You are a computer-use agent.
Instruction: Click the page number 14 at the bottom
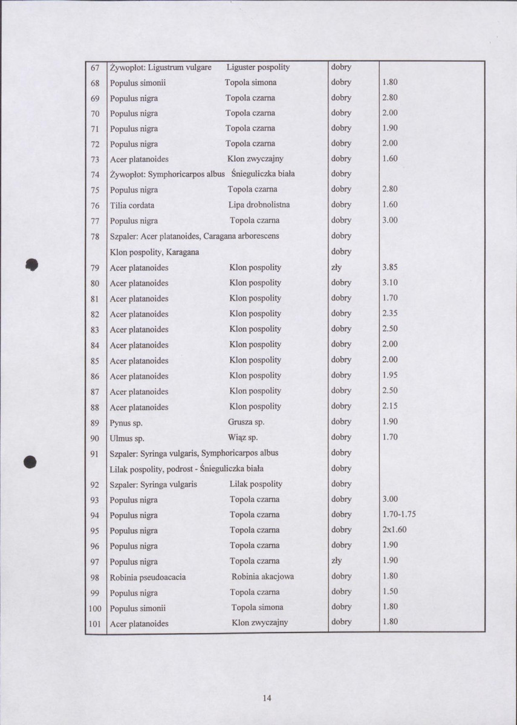pyautogui.click(x=267, y=698)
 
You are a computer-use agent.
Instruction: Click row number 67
pyautogui.click(x=95, y=67)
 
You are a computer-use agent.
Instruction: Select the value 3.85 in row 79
pyautogui.click(x=390, y=267)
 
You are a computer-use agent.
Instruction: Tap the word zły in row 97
pyautogui.click(x=337, y=561)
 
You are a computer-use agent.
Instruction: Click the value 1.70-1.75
pyautogui.click(x=400, y=515)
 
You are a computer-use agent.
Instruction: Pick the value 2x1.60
pyautogui.click(x=394, y=530)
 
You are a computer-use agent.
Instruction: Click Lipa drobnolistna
pyautogui.click(x=259, y=205)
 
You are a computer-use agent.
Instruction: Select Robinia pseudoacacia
pyautogui.click(x=148, y=577)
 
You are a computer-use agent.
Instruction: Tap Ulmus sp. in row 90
pyautogui.click(x=126, y=438)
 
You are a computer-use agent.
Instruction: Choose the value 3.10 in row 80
pyautogui.click(x=390, y=283)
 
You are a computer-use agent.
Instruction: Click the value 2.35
pyautogui.click(x=390, y=314)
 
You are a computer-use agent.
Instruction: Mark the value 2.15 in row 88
pyautogui.click(x=390, y=406)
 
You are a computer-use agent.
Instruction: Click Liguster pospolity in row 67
pyautogui.click(x=258, y=67)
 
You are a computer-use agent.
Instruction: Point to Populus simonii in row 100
pyautogui.click(x=138, y=608)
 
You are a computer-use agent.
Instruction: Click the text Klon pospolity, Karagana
pyautogui.click(x=155, y=252)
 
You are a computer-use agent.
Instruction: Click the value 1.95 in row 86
pyautogui.click(x=390, y=376)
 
